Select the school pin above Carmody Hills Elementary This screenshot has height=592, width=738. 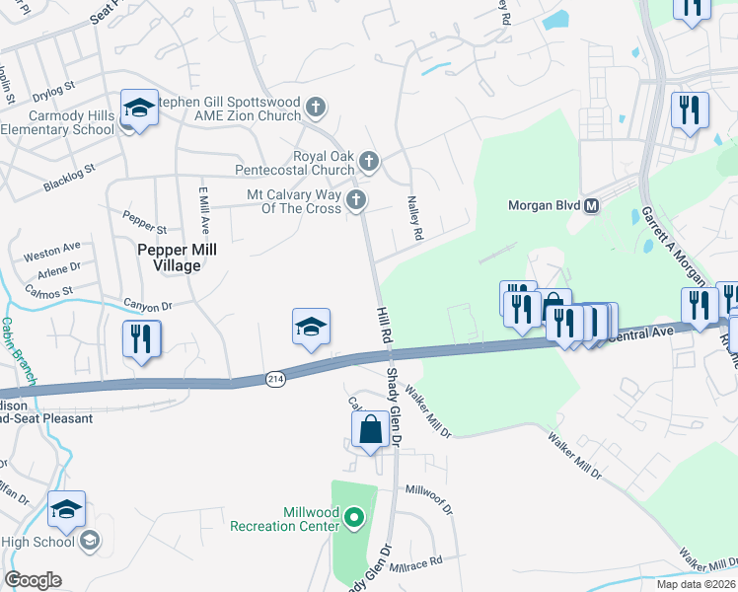pyautogui.click(x=139, y=108)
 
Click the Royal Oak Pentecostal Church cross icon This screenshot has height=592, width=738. pyautogui.click(x=368, y=161)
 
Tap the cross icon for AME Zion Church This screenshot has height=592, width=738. pyautogui.click(x=315, y=107)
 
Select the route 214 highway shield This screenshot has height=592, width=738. pyautogui.click(x=275, y=379)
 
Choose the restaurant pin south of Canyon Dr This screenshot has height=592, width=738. pyautogui.click(x=141, y=340)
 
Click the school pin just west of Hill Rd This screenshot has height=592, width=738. pyautogui.click(x=311, y=328)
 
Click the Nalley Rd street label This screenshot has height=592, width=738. pyautogui.click(x=415, y=218)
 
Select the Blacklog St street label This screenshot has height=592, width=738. pyautogui.click(x=68, y=179)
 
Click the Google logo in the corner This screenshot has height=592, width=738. pyautogui.click(x=33, y=580)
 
